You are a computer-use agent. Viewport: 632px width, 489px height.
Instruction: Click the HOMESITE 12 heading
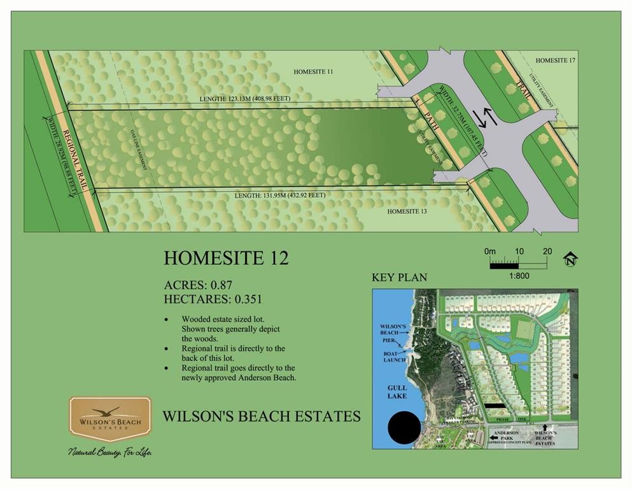226,258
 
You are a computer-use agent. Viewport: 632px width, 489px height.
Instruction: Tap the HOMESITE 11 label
313,72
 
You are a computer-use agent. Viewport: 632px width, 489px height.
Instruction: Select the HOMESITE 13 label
407,211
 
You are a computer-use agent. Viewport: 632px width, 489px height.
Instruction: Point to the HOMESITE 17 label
555,60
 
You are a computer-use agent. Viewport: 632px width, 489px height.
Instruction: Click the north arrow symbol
570,259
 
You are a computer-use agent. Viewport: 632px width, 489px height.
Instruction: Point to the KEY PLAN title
399,278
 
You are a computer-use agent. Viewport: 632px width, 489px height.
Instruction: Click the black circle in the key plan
404,428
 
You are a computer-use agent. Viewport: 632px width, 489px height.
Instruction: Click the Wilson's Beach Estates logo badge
110,419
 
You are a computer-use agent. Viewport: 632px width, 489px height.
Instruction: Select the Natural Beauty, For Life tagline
110,452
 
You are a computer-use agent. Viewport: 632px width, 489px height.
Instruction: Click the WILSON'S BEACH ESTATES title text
262,416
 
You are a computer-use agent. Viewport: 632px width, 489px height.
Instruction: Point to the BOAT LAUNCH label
391,357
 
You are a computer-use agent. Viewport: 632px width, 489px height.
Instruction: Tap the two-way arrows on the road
488,117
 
